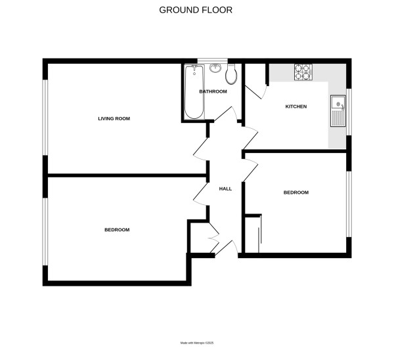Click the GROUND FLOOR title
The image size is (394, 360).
coord(196,10)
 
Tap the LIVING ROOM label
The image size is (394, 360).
coord(114,119)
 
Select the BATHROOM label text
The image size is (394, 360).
coord(213,91)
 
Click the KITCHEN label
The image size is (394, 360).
coord(295,106)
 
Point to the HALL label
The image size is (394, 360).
coord(225,189)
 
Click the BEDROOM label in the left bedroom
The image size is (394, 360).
coord(117,230)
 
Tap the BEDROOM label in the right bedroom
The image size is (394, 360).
coord(295,192)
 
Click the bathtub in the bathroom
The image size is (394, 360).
coord(194,92)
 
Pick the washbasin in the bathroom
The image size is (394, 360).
coord(215,67)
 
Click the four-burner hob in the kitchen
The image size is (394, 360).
coord(302,72)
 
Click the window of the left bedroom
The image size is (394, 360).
coord(45,231)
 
